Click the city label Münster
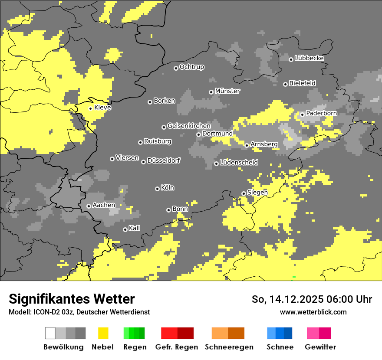pyautogui.click(x=227, y=91)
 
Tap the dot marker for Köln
pyautogui.click(x=157, y=189)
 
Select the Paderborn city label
pyautogui.click(x=322, y=113)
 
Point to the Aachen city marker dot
pyautogui.click(x=89, y=206)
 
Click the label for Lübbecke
pyautogui.click(x=310, y=58)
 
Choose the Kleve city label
pyautogui.click(x=103, y=108)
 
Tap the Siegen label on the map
pyautogui.click(x=257, y=193)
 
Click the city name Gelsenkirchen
pyautogui.click(x=189, y=126)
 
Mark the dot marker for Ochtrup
pyautogui.click(x=176, y=68)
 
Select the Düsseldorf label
pyautogui.click(x=164, y=160)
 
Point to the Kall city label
pyautogui.click(x=135, y=228)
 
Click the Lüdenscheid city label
pyautogui.click(x=239, y=163)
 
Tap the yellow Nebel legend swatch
pyautogui.click(x=103, y=333)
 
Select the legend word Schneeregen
pyautogui.click(x=229, y=347)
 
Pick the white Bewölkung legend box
pyautogui.click(x=50, y=333)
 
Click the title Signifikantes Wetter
pyautogui.click(x=72, y=299)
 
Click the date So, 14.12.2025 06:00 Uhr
pyautogui.click(x=312, y=299)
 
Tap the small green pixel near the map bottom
pyautogui.click(x=294, y=276)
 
